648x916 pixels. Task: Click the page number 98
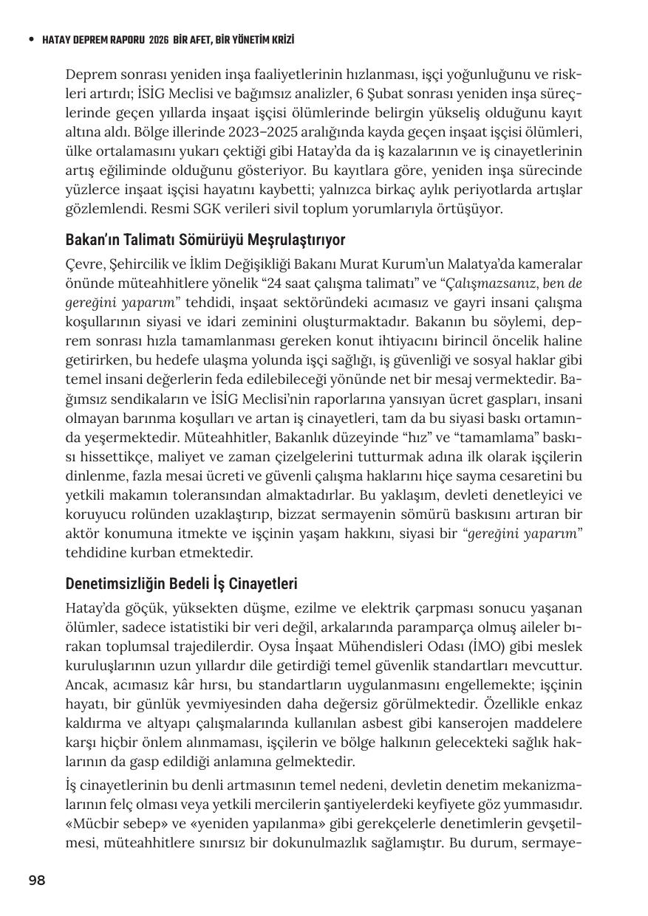click(37, 880)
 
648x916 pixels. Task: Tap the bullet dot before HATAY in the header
click(30, 40)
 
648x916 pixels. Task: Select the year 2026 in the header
click(158, 40)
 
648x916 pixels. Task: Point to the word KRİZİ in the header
click(279, 40)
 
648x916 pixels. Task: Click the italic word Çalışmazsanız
click(494, 283)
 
